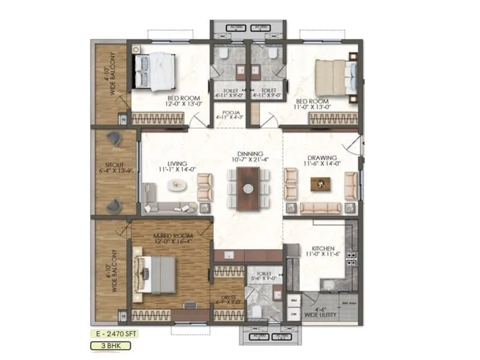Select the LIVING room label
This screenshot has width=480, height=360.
pos(177,163)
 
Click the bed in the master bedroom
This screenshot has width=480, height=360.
pos(155,274)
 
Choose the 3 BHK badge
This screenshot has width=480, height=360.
pos(109,345)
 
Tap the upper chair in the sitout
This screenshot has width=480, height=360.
pos(113,138)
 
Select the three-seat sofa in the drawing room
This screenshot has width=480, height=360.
pos(320,208)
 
